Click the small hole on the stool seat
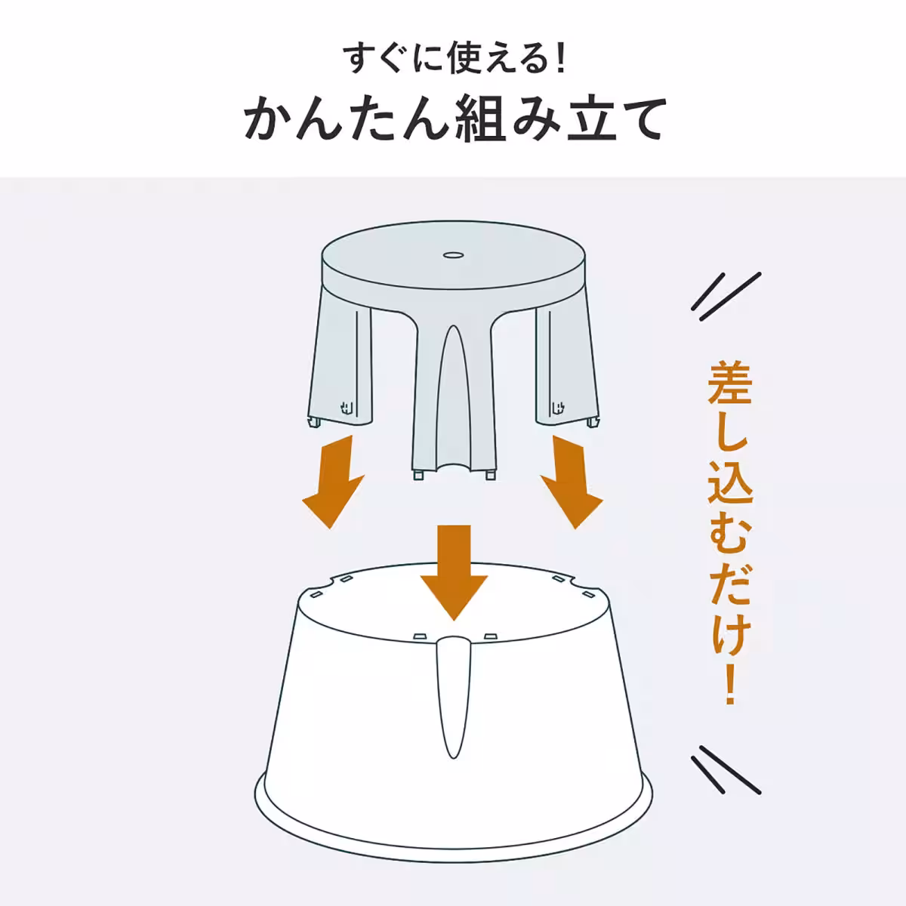coord(453,255)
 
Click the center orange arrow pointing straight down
coord(454,572)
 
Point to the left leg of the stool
coord(340,367)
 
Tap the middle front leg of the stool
coord(454,399)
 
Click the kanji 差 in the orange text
coord(729,384)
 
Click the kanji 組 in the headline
coord(482,119)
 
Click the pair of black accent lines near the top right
coord(726,297)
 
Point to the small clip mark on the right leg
coord(559,407)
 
